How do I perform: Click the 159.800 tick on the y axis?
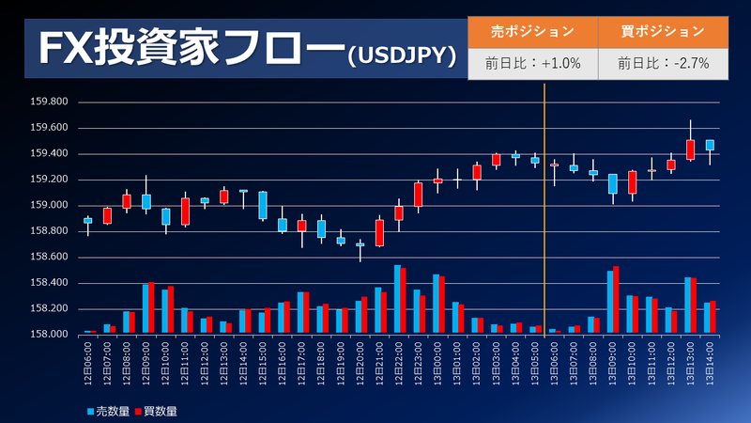point(49,102)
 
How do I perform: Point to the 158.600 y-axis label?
point(49,257)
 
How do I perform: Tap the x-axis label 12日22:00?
point(399,363)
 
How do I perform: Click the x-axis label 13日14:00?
point(710,363)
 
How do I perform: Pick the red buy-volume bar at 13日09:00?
point(616,300)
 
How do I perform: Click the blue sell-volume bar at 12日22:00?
point(397,299)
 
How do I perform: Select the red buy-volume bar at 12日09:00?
point(151,307)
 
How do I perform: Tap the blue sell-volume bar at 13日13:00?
point(688,305)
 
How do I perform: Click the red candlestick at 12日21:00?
point(380,233)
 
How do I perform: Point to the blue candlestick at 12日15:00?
point(263,205)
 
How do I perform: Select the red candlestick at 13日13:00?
point(690,149)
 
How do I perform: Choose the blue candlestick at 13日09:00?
point(613,183)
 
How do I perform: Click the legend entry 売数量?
point(108,411)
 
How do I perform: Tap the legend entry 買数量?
point(156,411)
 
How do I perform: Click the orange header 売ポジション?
point(532,32)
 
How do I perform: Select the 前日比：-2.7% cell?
point(664,63)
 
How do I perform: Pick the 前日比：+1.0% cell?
point(532,63)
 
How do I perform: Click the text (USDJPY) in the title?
point(403,56)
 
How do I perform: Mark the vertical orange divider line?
point(544,210)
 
